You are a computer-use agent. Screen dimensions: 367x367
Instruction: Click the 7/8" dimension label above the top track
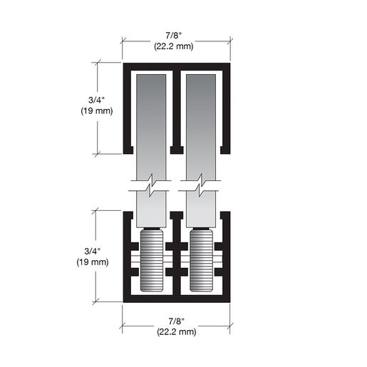(173, 36)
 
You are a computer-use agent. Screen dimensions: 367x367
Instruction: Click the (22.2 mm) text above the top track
(174, 46)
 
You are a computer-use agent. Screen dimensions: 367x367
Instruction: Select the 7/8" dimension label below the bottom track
(176, 321)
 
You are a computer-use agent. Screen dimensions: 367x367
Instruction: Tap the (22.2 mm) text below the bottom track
(177, 332)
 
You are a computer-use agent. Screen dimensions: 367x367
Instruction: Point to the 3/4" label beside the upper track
(96, 100)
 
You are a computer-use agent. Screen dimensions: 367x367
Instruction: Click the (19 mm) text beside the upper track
(97, 111)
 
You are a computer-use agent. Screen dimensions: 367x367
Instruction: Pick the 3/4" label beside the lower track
(93, 252)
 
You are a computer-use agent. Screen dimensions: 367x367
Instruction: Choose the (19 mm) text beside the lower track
(93, 262)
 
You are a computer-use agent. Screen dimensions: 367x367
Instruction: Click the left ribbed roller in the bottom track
(152, 259)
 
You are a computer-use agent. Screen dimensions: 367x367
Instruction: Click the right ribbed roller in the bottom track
(202, 259)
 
